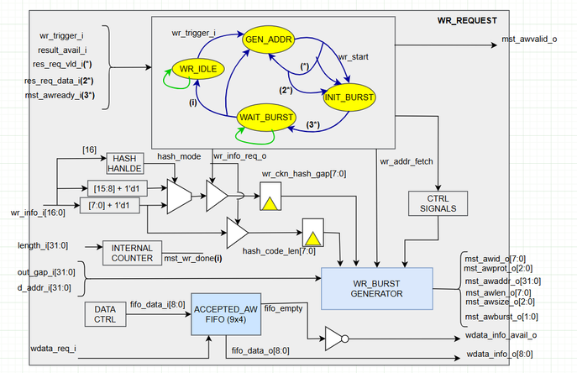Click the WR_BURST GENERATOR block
click(377, 287)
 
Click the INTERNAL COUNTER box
click(131, 254)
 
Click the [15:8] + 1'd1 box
click(118, 186)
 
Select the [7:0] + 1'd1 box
click(117, 204)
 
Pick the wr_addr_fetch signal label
click(409, 160)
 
